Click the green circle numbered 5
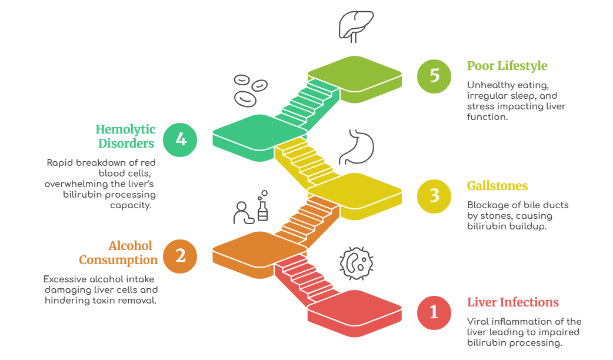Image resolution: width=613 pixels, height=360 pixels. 434,76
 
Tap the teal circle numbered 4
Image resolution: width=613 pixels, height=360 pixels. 180,139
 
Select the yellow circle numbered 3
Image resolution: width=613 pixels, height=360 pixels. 434,195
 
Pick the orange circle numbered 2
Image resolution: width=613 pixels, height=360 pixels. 180,256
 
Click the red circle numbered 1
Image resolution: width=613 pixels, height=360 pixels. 434,312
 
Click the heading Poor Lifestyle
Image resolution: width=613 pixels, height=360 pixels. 507,65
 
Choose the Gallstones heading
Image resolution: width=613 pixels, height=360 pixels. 497,186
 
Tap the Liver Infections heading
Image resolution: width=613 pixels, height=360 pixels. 512,302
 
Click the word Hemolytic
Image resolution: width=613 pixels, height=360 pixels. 126,129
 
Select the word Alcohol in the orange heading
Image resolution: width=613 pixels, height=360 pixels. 130,246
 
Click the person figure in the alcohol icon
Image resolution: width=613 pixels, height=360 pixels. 242,212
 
